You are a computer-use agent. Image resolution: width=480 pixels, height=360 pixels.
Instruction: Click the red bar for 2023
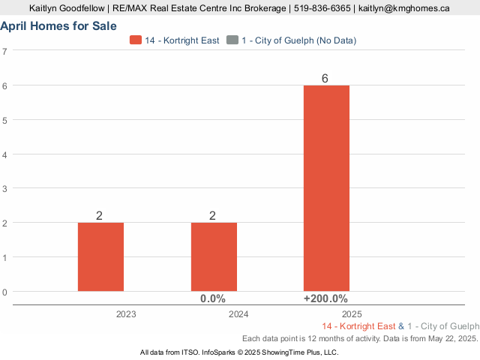pyautogui.click(x=100, y=256)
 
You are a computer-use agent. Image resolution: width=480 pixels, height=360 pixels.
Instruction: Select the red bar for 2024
pyautogui.click(x=214, y=256)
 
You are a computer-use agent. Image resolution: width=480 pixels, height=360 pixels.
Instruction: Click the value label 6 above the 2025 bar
pyautogui.click(x=325, y=79)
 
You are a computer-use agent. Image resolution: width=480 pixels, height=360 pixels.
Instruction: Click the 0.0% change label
pyautogui.click(x=213, y=298)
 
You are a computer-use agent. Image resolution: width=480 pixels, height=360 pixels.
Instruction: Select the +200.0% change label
pyautogui.click(x=325, y=298)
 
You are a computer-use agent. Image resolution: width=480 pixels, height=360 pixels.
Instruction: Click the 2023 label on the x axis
pyautogui.click(x=126, y=314)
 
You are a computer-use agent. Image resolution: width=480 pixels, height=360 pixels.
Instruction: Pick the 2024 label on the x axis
pyautogui.click(x=238, y=314)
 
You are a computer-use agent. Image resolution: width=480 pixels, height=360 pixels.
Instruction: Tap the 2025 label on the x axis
pyautogui.click(x=351, y=314)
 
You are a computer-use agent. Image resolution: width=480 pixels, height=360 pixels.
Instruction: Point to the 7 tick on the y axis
pyautogui.click(x=5, y=51)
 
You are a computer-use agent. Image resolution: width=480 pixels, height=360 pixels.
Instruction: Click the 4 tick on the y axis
pyautogui.click(x=5, y=154)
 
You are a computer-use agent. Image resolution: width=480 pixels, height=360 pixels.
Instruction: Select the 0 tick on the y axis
pyautogui.click(x=5, y=292)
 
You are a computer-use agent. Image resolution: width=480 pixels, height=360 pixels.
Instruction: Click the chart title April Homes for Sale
pyautogui.click(x=58, y=26)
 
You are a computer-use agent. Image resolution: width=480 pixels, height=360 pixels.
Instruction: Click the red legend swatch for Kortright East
pyautogui.click(x=136, y=40)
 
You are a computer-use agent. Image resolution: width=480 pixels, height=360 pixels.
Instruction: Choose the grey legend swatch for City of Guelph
pyautogui.click(x=231, y=40)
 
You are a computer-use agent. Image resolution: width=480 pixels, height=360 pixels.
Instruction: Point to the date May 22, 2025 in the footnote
pyautogui.click(x=449, y=339)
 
